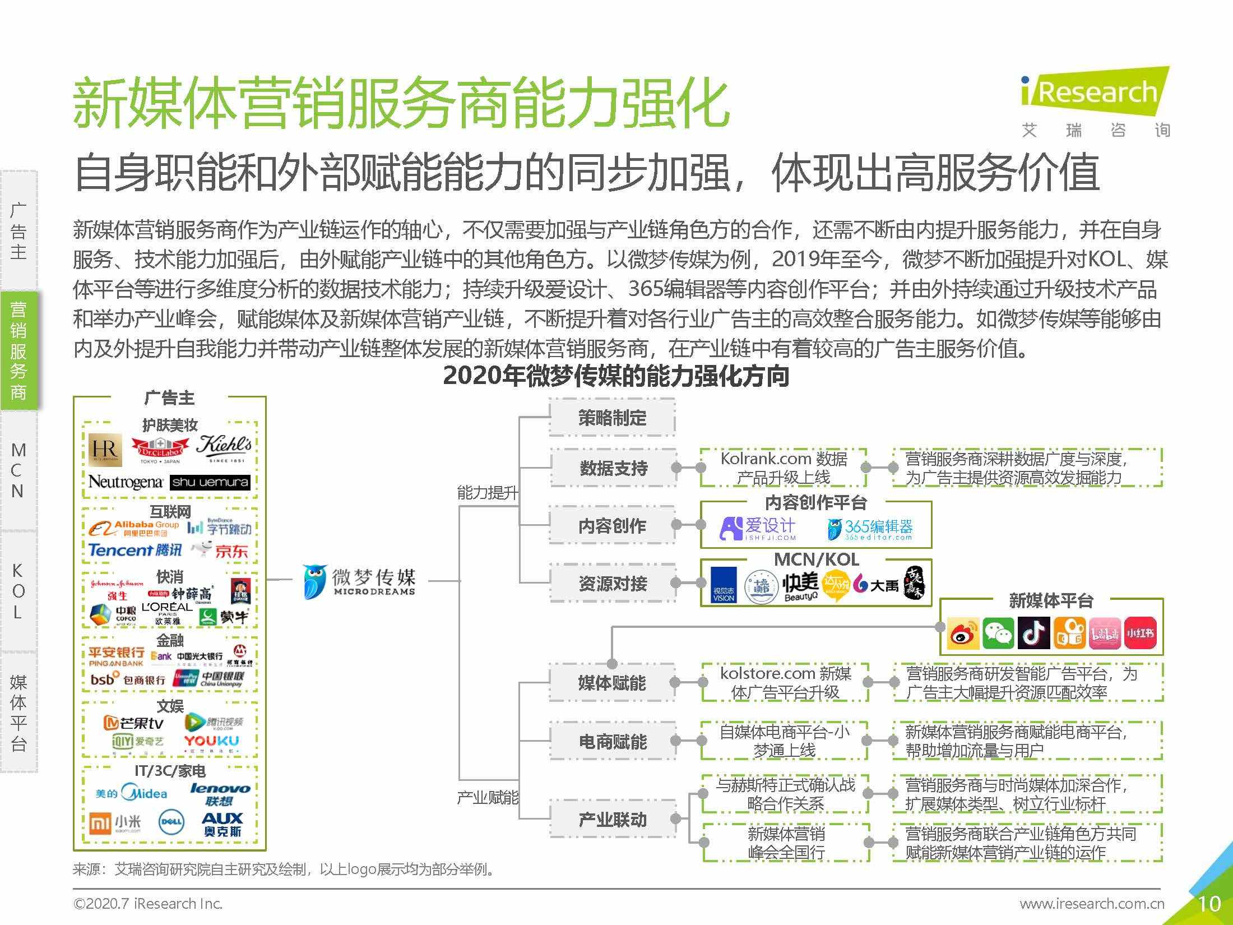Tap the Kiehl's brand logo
224,448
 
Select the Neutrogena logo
126,482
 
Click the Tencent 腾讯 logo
135,551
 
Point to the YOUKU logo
212,742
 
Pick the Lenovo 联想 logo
220,794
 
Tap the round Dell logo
171,822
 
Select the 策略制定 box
612,418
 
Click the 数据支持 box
613,468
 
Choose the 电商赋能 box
613,741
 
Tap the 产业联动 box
613,820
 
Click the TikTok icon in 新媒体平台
1033,633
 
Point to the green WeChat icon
998,633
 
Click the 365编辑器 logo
870,529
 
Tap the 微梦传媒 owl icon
315,581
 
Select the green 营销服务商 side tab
18,351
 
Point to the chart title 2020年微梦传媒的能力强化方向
616,376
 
